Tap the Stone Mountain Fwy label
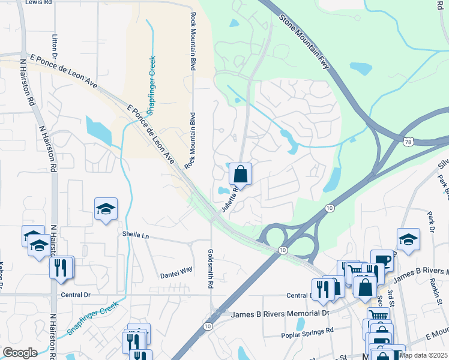tap(305, 41)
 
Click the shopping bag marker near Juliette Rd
tap(240, 174)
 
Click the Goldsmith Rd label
tap(211, 270)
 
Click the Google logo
tap(20, 353)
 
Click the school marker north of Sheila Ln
tap(106, 208)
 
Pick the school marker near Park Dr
tap(408, 239)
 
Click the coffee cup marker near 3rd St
tap(381, 260)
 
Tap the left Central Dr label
tap(76, 295)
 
